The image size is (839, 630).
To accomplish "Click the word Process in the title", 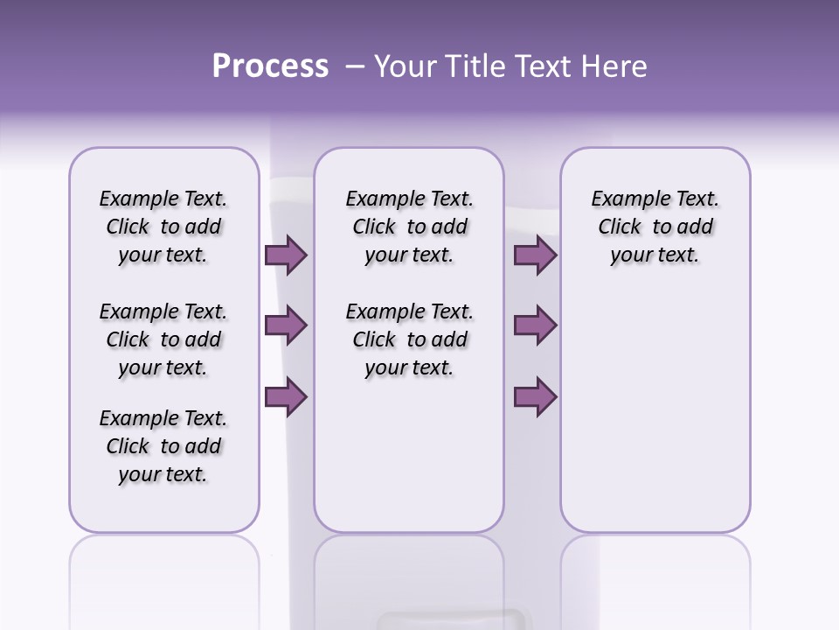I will click(x=270, y=66).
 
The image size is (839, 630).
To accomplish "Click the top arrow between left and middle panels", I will click(x=286, y=255).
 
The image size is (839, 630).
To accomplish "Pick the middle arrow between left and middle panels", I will click(x=286, y=325).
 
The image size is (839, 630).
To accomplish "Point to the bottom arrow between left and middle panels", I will click(x=286, y=397).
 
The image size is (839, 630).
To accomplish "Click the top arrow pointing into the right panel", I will click(x=535, y=255).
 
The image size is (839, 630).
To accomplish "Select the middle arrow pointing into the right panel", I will click(x=535, y=325).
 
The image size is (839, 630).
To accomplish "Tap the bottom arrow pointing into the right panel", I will click(x=535, y=397).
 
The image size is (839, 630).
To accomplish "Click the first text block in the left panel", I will click(x=163, y=227).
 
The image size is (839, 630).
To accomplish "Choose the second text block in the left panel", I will click(x=163, y=339).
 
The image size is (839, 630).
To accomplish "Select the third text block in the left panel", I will click(x=163, y=446).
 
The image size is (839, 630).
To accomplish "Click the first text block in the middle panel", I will click(x=409, y=227).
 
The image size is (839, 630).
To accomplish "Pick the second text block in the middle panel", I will click(x=409, y=339).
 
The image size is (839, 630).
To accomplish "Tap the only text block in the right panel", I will click(x=655, y=227).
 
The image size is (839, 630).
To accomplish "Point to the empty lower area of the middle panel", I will click(x=409, y=455).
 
